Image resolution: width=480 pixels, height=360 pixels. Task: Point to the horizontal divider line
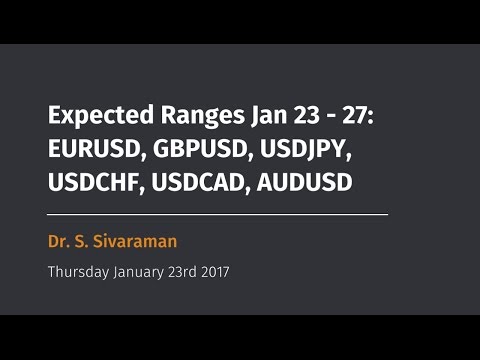click(217, 214)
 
